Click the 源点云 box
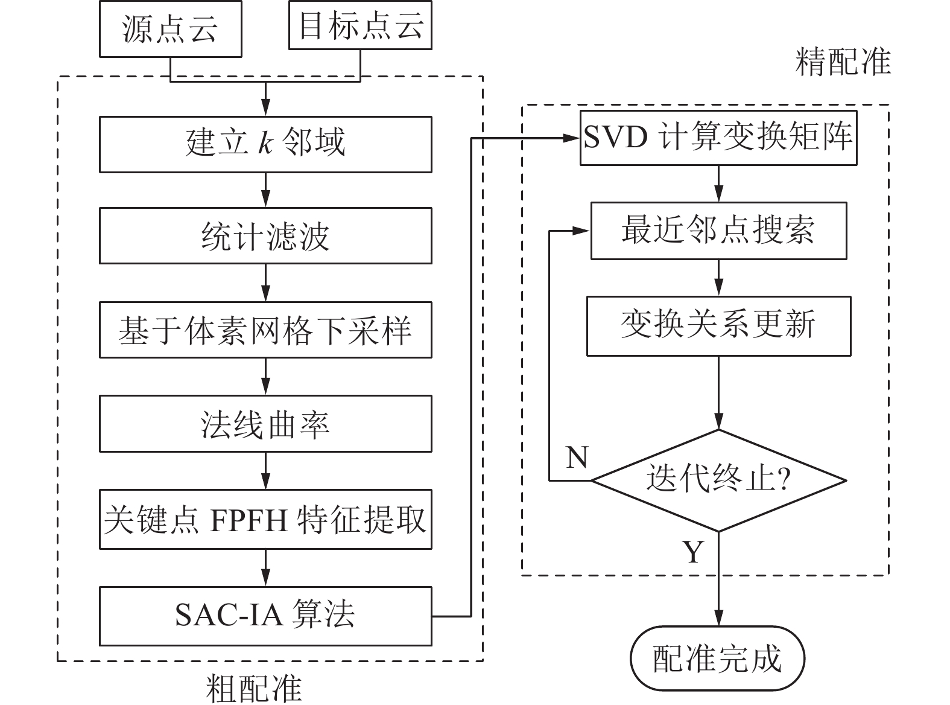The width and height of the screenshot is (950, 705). (171, 29)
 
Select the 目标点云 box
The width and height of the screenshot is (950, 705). (360, 25)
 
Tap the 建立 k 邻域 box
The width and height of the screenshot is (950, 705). (265, 144)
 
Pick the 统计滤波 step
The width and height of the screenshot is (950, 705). (265, 235)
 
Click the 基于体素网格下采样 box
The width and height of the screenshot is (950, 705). (265, 330)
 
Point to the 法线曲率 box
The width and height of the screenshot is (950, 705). (265, 424)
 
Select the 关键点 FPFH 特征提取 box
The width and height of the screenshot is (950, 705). (265, 519)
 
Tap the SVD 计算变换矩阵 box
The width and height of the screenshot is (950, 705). (718, 138)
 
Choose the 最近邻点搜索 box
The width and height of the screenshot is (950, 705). (718, 231)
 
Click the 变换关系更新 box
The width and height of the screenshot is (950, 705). (718, 325)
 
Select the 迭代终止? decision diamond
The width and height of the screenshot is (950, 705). (718, 480)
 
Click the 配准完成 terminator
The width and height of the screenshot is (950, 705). (717, 659)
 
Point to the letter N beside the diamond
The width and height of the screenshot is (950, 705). (577, 458)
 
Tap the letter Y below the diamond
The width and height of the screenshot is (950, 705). (694, 551)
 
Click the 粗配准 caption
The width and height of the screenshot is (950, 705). (253, 688)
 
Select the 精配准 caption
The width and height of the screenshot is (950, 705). (843, 62)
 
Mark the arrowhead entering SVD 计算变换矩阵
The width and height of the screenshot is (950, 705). (573, 138)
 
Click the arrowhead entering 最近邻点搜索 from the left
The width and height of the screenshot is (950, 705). (583, 231)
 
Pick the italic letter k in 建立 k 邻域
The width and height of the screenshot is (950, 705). (265, 144)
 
